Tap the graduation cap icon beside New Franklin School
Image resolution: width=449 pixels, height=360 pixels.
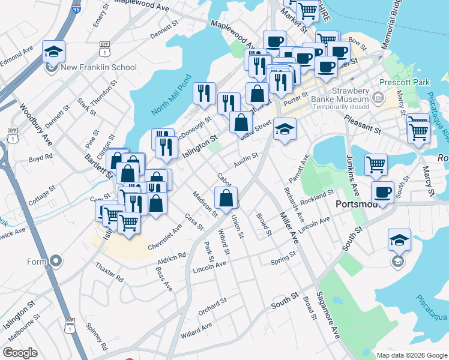[54, 52]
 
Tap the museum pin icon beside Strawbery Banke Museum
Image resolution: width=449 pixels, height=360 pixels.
[378, 97]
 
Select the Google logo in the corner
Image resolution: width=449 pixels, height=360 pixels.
[20, 352]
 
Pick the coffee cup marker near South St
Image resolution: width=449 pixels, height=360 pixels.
[382, 193]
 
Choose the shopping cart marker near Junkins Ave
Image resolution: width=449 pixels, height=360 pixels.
[376, 163]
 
